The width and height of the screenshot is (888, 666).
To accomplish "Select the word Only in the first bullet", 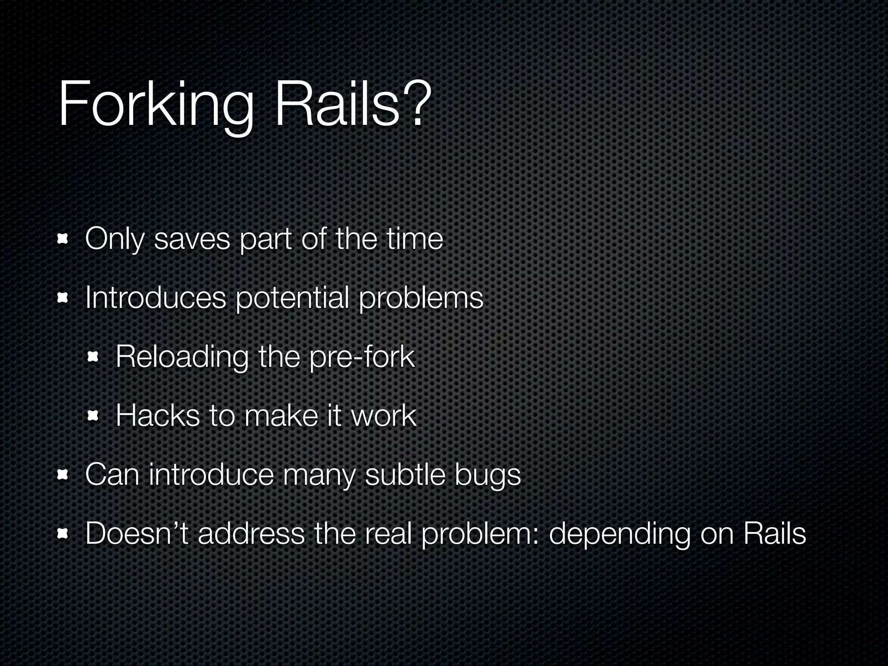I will click(x=114, y=239).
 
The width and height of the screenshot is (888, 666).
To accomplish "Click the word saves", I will click(x=192, y=239).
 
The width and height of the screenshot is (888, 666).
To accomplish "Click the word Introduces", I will click(x=156, y=298).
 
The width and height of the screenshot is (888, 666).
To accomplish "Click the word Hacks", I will click(x=158, y=416).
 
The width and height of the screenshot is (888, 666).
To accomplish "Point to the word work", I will click(x=383, y=416).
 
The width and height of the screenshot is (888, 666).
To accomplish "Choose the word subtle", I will click(x=405, y=474).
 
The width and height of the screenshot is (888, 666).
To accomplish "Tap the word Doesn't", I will click(x=137, y=533).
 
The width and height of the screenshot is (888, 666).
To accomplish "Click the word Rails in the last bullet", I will click(x=774, y=533).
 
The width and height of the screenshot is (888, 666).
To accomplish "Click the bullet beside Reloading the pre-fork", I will click(x=93, y=357).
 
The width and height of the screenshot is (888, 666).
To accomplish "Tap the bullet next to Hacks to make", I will click(x=93, y=416).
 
